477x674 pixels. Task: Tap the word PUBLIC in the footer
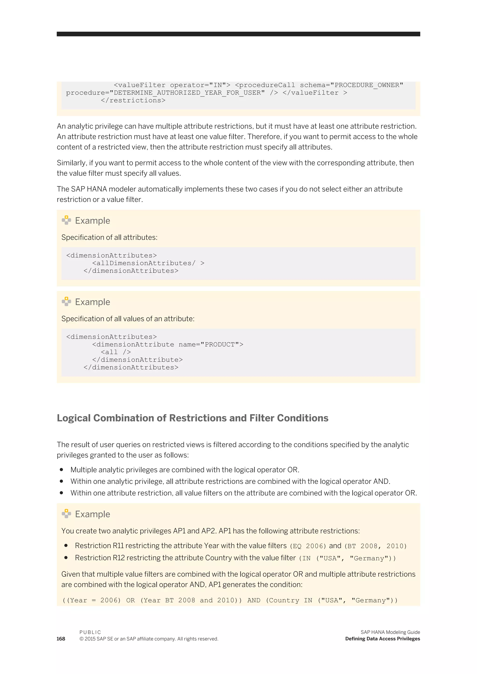[90, 632]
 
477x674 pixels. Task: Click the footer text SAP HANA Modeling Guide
[390, 632]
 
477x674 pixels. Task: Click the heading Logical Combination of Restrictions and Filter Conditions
[192, 418]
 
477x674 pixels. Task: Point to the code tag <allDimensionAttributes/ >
[148, 263]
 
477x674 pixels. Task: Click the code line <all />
[116, 352]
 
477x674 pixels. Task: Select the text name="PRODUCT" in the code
[208, 344]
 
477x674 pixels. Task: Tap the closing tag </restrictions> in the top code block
[133, 100]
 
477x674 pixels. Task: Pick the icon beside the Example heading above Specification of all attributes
[66, 220]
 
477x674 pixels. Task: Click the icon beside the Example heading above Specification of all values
[66, 301]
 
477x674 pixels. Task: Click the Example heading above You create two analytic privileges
[92, 514]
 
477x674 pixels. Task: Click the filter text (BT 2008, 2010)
[375, 546]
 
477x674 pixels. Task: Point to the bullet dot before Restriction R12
[66, 558]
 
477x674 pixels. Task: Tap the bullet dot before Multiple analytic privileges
[61, 470]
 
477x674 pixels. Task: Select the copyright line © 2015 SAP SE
[149, 639]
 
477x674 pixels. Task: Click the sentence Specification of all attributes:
[109, 237]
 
